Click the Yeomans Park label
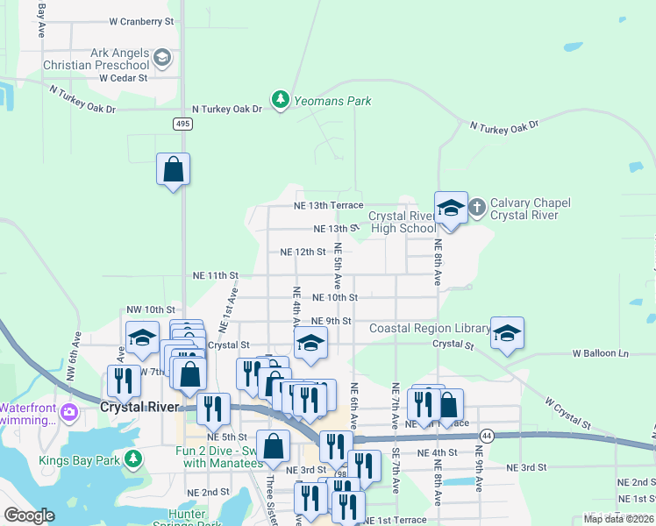coord(332,101)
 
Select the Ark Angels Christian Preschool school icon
coord(161,59)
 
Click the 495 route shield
coord(182,124)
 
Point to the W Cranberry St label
coord(142,20)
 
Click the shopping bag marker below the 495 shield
coord(174,168)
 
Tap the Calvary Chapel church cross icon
coord(476,208)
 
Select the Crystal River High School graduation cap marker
coord(451,209)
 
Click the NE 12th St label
coord(303,252)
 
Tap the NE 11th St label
coord(216,275)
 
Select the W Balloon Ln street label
coord(601,353)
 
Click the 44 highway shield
coord(487,435)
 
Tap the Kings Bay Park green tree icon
coord(132,458)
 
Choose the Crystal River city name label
coord(139,407)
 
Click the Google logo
coord(29,515)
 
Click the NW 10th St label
coord(151,309)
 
